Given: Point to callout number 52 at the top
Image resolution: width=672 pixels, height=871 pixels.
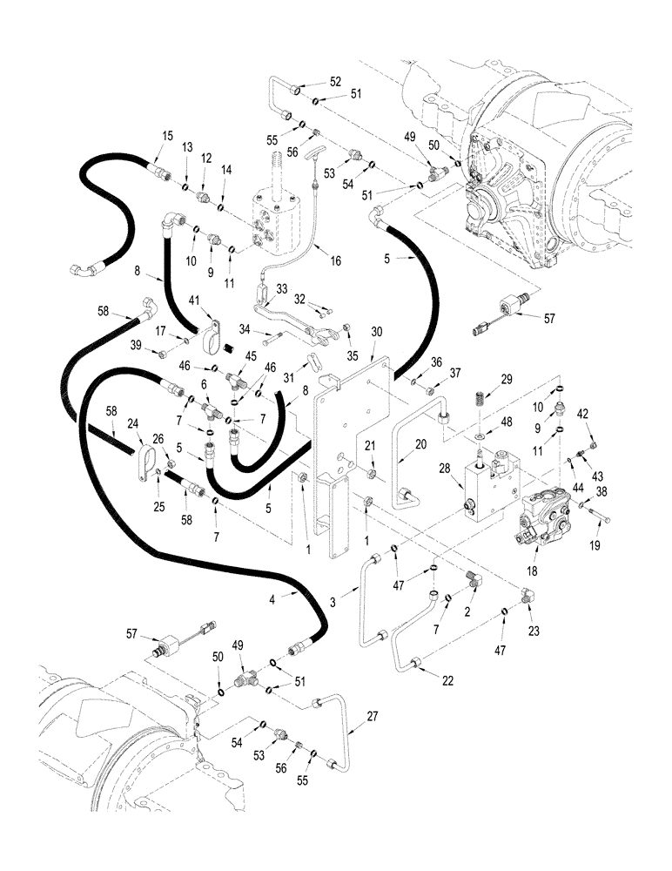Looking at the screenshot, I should (335, 82).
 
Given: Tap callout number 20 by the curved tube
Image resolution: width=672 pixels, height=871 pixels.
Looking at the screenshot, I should (421, 443).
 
